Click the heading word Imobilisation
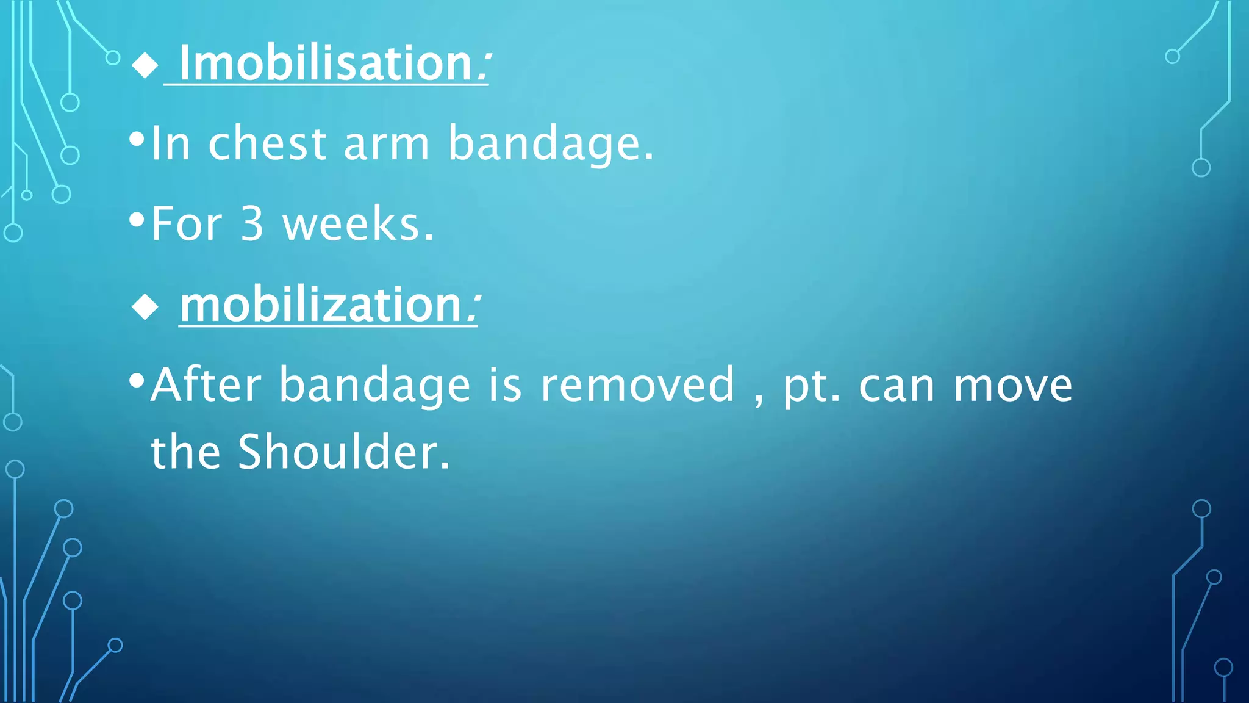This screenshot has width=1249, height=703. click(326, 63)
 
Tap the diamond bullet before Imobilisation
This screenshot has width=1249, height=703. click(145, 65)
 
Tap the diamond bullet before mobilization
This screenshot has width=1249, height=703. click(145, 306)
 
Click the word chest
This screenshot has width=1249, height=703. click(268, 144)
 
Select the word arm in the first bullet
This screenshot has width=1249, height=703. click(387, 144)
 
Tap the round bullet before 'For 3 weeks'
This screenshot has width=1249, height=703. click(137, 220)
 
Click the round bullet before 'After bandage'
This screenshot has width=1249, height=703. click(137, 381)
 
